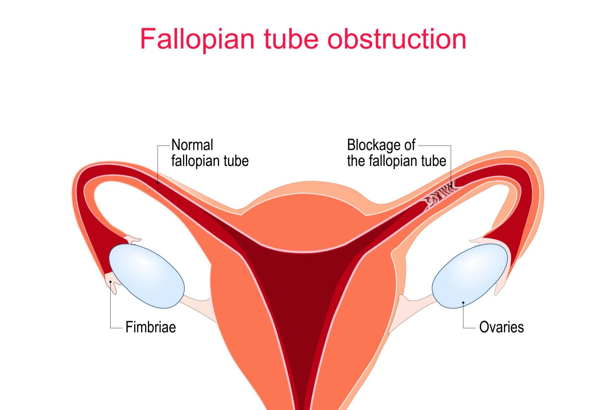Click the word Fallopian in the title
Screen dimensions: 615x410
(197, 39)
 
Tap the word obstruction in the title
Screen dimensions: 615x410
(397, 39)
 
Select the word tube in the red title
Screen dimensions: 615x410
(291, 39)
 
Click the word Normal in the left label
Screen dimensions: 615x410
(192, 145)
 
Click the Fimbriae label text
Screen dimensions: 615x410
(150, 327)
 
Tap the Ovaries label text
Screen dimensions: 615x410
(501, 327)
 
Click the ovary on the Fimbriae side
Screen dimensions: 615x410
(147, 276)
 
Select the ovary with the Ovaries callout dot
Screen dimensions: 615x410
(470, 276)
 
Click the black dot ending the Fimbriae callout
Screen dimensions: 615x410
(111, 282)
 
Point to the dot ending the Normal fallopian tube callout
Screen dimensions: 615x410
(158, 183)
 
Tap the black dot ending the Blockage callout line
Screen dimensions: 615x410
(451, 186)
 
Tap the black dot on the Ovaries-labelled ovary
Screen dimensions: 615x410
(463, 303)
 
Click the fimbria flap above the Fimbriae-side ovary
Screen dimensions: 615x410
(132, 240)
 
